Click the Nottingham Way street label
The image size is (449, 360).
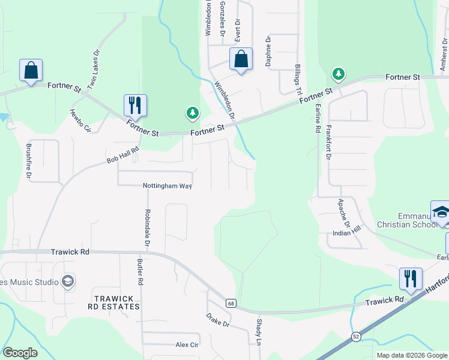pyautogui.click(x=167, y=186)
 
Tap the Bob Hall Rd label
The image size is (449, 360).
pyautogui.click(x=122, y=158)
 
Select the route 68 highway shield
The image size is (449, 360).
pyautogui.click(x=231, y=303)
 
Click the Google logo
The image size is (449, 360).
pyautogui.click(x=20, y=353)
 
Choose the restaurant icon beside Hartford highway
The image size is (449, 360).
pyautogui.click(x=411, y=278)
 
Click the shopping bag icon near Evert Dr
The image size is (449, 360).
pyautogui.click(x=241, y=59)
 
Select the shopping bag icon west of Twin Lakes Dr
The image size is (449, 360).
pyautogui.click(x=31, y=70)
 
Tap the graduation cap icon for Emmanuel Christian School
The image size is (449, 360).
pyautogui.click(x=441, y=212)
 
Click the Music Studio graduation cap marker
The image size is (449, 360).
pyautogui.click(x=68, y=281)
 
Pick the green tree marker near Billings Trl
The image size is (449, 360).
pyautogui.click(x=339, y=74)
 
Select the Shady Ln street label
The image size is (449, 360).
pyautogui.click(x=259, y=332)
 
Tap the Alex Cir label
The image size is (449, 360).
pyautogui.click(x=187, y=345)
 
